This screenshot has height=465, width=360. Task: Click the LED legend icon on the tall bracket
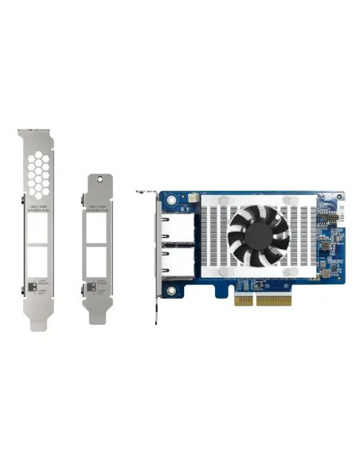[30, 284]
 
